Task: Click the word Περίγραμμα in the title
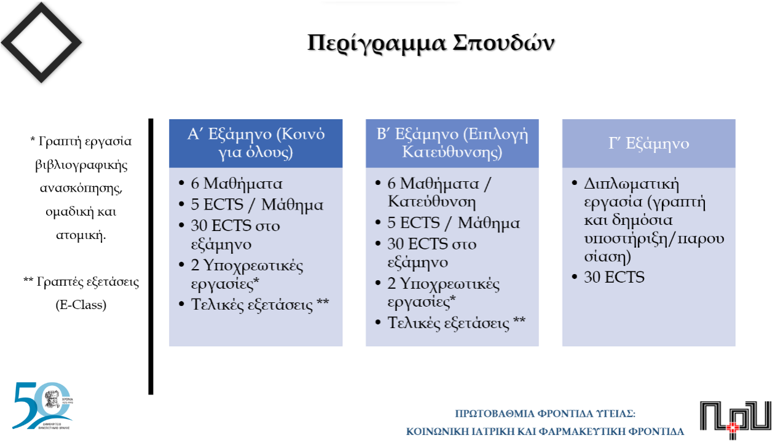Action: tap(377, 44)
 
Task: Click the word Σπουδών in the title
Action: tap(504, 44)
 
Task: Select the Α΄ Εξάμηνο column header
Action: tap(256, 143)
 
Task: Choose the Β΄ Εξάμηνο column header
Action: tap(452, 143)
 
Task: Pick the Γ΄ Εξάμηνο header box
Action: tap(649, 143)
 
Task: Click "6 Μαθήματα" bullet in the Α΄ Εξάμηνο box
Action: tap(236, 184)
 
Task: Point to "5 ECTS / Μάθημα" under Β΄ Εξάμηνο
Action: tap(454, 223)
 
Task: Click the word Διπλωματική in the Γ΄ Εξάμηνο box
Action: tap(631, 184)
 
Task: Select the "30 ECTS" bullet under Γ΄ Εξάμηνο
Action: tap(614, 277)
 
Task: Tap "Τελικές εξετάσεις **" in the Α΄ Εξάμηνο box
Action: tap(260, 304)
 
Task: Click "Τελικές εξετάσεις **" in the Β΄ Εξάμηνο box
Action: tap(456, 323)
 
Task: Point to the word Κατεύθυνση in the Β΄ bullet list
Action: tap(431, 202)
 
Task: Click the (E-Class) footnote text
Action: tap(81, 305)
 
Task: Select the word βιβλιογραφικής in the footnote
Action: tap(81, 166)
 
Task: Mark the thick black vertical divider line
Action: tap(151, 257)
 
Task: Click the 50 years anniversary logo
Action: tap(42, 406)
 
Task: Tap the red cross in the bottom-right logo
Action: tap(733, 428)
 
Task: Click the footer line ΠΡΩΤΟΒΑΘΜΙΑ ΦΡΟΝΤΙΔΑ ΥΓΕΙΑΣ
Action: tap(545, 414)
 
